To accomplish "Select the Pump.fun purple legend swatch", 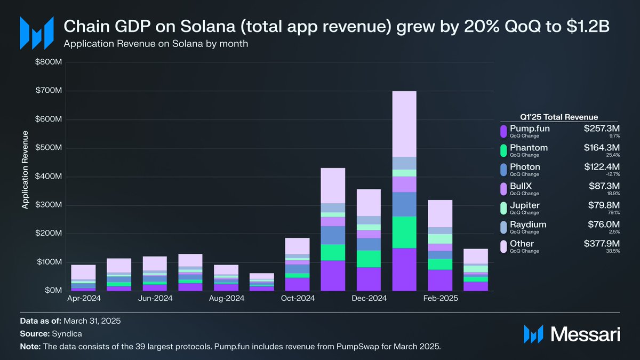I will coord(502,131).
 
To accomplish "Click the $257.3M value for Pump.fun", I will coord(602,129).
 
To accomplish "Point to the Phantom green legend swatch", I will coord(502,150).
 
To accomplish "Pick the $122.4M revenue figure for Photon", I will coord(602,167).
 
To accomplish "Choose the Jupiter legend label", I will coord(525,205).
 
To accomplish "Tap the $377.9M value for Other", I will coord(602,244).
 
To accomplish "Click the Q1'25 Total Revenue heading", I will coord(558,117).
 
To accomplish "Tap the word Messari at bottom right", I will coord(585,334).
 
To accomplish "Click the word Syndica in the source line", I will coord(67,333).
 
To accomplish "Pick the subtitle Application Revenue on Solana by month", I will coord(156,44).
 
